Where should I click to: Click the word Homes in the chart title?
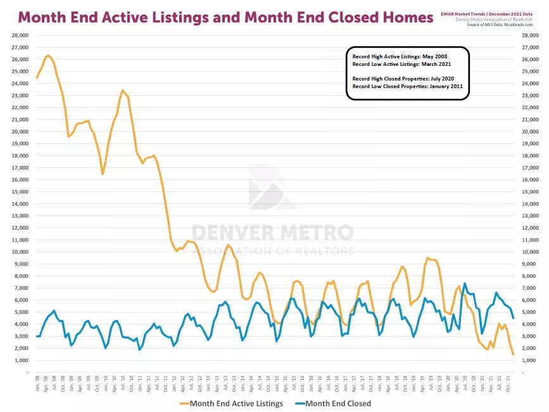tap(403, 17)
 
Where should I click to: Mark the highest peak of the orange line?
tap(48, 56)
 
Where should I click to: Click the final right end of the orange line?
tap(512, 354)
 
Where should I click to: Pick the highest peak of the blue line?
tap(465, 283)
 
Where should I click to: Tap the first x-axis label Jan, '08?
tap(37, 381)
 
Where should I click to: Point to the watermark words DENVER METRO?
tap(272, 233)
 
